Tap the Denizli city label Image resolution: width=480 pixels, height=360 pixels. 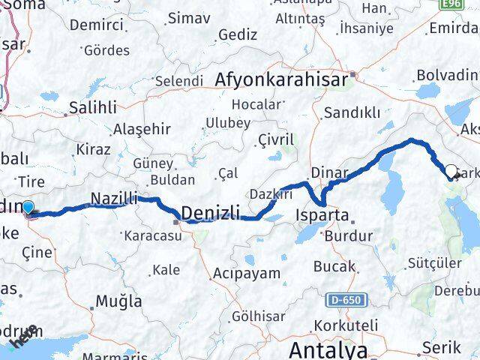point(211,213)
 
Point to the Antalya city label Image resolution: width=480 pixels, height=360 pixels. point(328,349)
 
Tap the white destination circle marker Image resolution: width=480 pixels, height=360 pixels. point(451,172)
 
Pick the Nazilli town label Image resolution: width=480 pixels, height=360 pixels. point(114,199)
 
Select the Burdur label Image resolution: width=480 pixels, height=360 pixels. point(348,236)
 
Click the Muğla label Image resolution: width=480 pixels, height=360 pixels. point(118,301)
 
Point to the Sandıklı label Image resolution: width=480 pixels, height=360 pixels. point(350,113)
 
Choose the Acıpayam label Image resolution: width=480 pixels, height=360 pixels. point(246,274)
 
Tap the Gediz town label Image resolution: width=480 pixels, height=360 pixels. point(238,34)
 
